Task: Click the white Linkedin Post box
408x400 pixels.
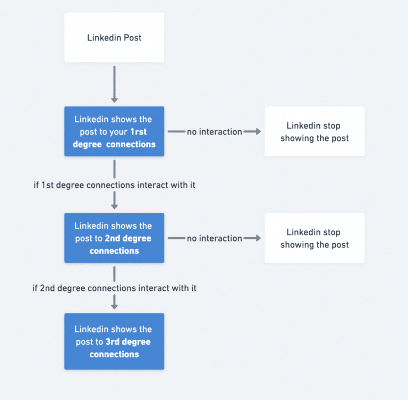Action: pos(114,38)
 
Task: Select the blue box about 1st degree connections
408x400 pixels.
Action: pos(114,131)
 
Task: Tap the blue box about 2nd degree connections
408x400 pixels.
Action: pos(114,238)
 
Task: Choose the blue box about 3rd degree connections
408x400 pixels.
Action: pos(114,341)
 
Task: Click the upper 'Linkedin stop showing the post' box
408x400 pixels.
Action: pos(314,131)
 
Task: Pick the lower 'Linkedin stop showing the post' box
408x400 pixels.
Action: pos(314,238)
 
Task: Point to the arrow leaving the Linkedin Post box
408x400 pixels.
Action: pos(114,82)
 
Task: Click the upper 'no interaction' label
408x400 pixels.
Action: pos(214,132)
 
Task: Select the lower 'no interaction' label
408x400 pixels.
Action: pos(214,238)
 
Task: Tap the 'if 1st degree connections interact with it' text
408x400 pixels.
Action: pos(114,185)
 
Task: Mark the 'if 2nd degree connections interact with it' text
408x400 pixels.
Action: pos(114,288)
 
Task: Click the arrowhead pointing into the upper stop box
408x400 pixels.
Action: pos(258,131)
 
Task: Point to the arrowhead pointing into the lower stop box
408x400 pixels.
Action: pos(258,238)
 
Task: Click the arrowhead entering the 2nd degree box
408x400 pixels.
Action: pos(114,206)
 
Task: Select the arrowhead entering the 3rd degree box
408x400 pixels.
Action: pos(114,306)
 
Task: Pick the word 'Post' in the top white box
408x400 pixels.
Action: pos(132,38)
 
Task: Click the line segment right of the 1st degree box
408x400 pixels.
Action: pos(176,131)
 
